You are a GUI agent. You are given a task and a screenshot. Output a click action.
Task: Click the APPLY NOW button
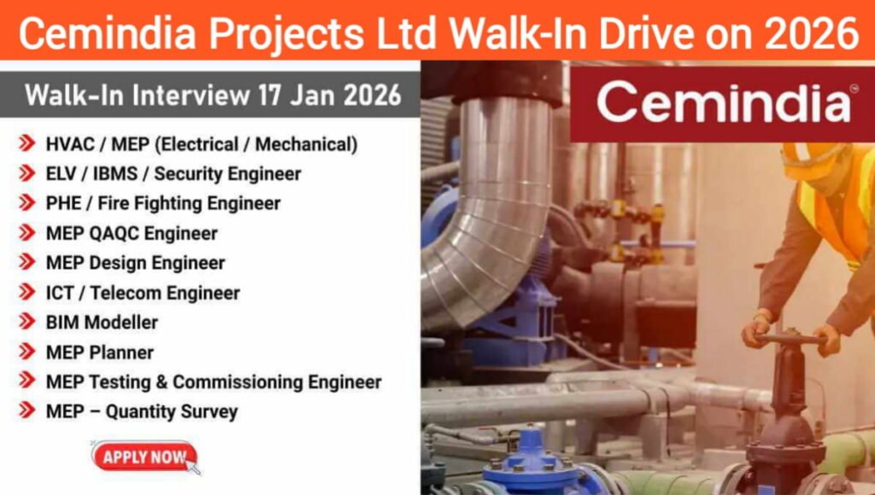click(x=144, y=457)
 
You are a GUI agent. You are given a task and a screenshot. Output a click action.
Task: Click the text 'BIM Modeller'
click(x=102, y=323)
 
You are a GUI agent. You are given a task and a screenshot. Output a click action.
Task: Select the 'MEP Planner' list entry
click(x=100, y=352)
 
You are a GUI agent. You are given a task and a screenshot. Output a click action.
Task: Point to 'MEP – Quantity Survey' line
click(x=142, y=411)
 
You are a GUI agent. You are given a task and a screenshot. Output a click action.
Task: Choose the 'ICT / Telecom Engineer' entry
click(x=143, y=293)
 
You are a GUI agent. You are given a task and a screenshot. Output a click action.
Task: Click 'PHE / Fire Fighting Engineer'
click(x=163, y=203)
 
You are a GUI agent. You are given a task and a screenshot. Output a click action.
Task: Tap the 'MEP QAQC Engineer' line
click(x=132, y=233)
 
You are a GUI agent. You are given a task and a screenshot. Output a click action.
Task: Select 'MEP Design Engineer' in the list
click(x=135, y=263)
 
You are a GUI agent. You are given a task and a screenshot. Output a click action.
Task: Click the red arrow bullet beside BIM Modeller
click(x=26, y=322)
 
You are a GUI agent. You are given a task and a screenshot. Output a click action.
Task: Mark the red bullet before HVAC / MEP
click(x=26, y=143)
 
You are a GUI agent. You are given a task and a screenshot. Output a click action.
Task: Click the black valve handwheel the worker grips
click(x=790, y=340)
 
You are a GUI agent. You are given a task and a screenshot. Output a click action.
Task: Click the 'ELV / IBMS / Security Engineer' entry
click(x=173, y=174)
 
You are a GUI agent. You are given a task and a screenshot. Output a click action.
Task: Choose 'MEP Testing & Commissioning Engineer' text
click(x=214, y=381)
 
